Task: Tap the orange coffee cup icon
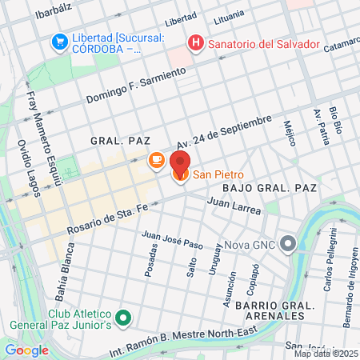click(157, 162)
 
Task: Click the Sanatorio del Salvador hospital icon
click(194, 43)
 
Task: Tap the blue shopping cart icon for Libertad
click(58, 41)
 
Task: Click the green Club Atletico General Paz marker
click(122, 318)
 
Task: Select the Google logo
click(26, 350)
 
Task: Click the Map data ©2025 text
click(326, 353)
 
